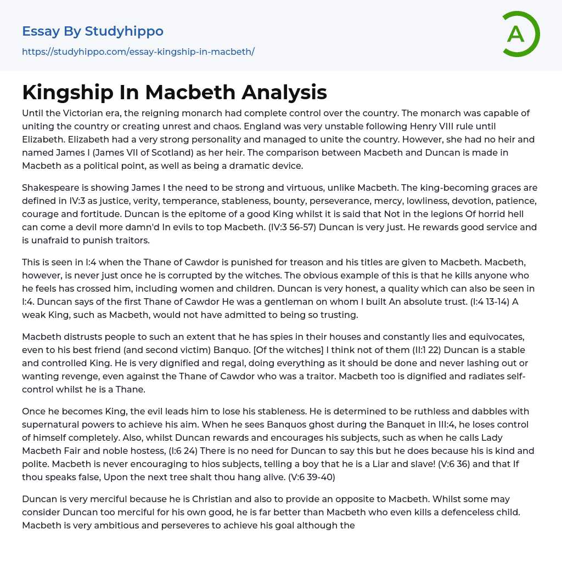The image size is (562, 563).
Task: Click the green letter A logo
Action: click(517, 34)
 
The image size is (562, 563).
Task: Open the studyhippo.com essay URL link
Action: click(138, 52)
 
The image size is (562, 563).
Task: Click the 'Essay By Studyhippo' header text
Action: click(93, 31)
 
